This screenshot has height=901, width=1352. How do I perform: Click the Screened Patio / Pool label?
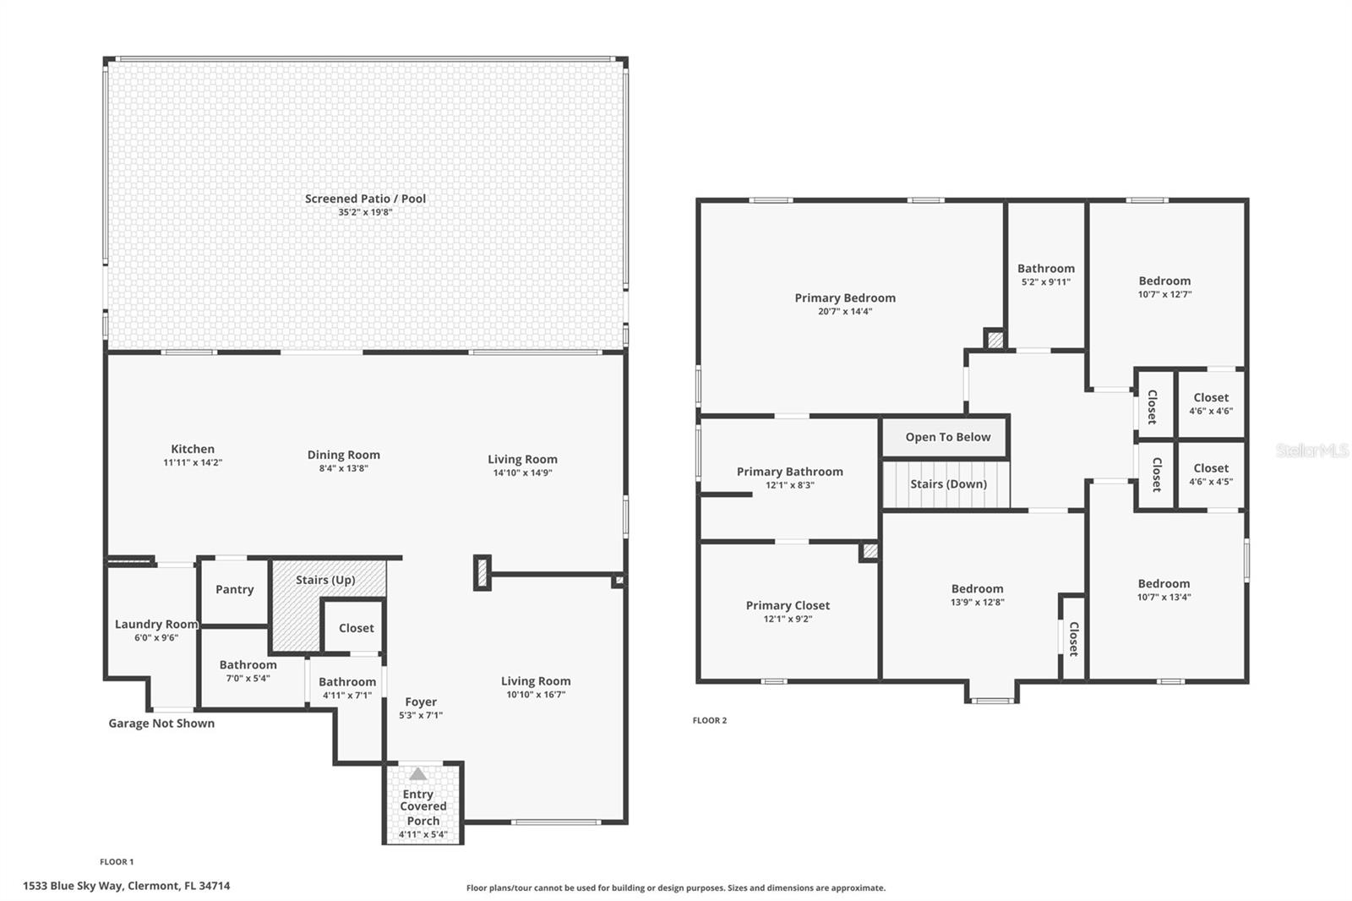[x=365, y=199]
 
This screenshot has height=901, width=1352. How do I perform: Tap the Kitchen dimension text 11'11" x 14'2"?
[x=193, y=463]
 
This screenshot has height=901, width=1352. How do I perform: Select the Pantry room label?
[x=234, y=589]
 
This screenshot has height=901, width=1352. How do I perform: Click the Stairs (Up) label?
[x=325, y=580]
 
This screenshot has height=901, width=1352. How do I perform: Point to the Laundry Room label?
[x=156, y=625]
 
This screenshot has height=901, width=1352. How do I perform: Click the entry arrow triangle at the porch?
[x=418, y=773]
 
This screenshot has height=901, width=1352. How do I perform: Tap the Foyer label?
[x=421, y=702]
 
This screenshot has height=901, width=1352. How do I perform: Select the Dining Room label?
[x=343, y=455]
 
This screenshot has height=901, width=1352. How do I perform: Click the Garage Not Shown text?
[x=161, y=724]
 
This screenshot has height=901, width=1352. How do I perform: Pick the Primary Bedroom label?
[x=845, y=298]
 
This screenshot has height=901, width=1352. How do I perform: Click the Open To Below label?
[x=947, y=437]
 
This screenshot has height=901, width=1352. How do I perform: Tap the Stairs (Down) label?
[x=948, y=484]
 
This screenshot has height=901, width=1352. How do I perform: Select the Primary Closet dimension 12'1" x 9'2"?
[x=788, y=619]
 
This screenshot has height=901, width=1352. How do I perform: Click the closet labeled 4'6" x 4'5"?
[x=1211, y=474]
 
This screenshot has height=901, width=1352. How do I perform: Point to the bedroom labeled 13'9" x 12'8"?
[x=978, y=595]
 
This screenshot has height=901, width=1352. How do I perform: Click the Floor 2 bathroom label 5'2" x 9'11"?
[x=1046, y=275]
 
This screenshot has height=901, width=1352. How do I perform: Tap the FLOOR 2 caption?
[x=709, y=720]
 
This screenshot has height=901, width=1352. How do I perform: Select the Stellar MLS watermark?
[x=1311, y=450]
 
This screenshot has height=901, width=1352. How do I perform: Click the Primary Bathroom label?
[x=789, y=472]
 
